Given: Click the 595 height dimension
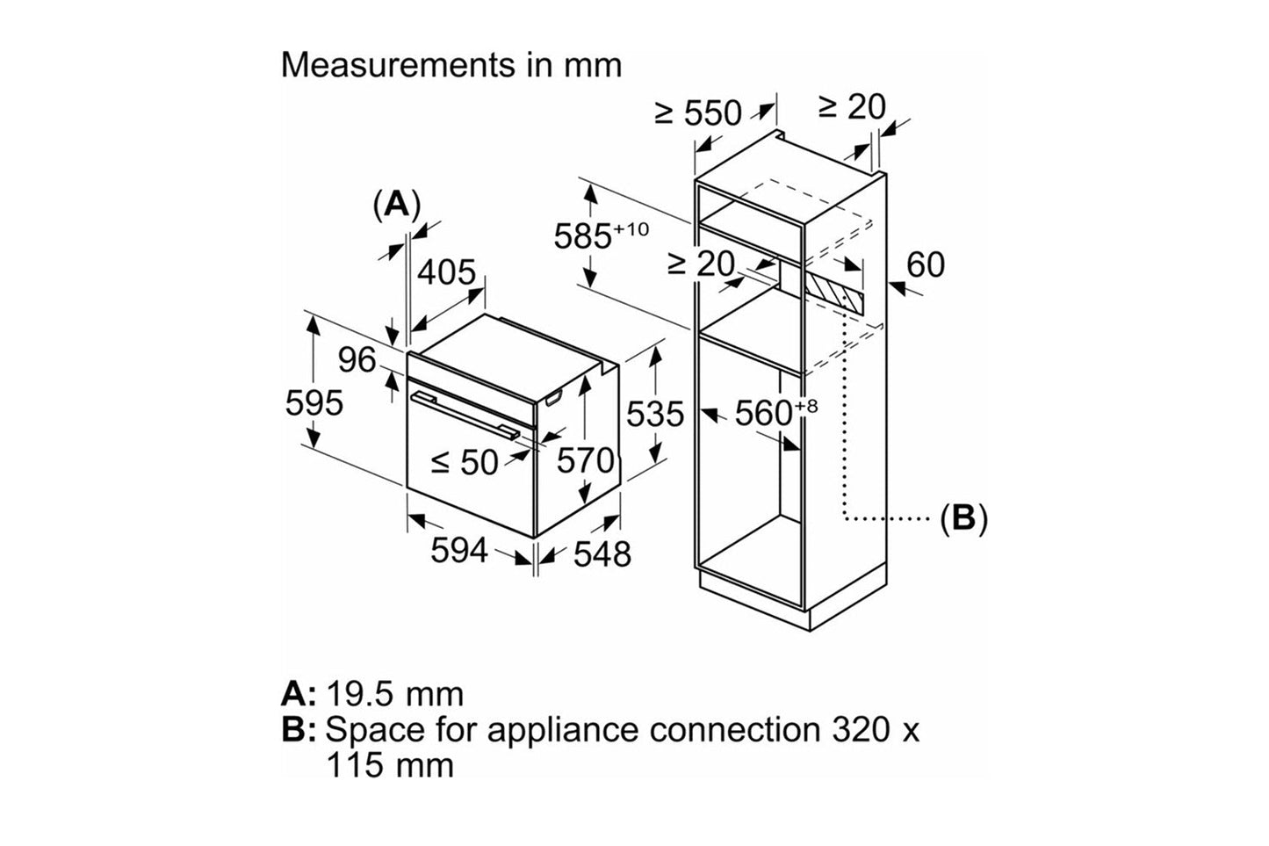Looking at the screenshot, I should point(314,403).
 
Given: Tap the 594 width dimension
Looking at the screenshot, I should point(458,551).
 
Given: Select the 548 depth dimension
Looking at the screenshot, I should point(602,553).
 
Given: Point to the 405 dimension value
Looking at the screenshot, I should point(446,273).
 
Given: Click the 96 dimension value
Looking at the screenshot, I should point(357,359).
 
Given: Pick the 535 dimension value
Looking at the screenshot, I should point(654,414).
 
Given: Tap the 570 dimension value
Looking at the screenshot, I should point(586,460).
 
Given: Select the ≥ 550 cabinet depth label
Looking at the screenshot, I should point(698,113).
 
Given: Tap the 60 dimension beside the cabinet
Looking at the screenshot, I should point(925,264).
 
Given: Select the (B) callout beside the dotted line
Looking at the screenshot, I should point(963,518).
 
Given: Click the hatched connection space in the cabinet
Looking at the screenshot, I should point(834,288).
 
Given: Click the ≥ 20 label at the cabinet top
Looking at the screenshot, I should point(852,107).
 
